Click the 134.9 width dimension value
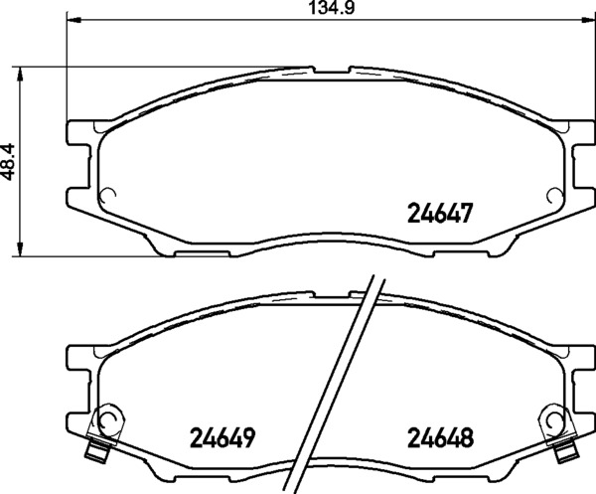pyautogui.click(x=332, y=8)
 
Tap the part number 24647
pyautogui.click(x=440, y=213)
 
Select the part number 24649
pyautogui.click(x=222, y=438)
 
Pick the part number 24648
pyautogui.click(x=440, y=438)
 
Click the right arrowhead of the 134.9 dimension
pyautogui.click(x=588, y=18)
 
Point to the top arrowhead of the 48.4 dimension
pyautogui.click(x=20, y=75)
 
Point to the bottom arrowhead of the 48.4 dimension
pyautogui.click(x=20, y=249)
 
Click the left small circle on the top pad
pyautogui.click(x=107, y=196)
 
